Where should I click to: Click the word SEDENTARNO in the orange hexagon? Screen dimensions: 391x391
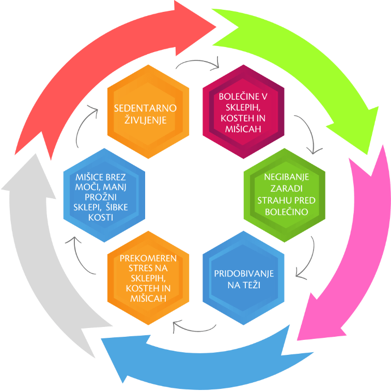click(145, 108)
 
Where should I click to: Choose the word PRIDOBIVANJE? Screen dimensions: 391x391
click(244, 273)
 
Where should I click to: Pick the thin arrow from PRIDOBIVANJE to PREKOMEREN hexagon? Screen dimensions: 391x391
click(194, 326)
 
